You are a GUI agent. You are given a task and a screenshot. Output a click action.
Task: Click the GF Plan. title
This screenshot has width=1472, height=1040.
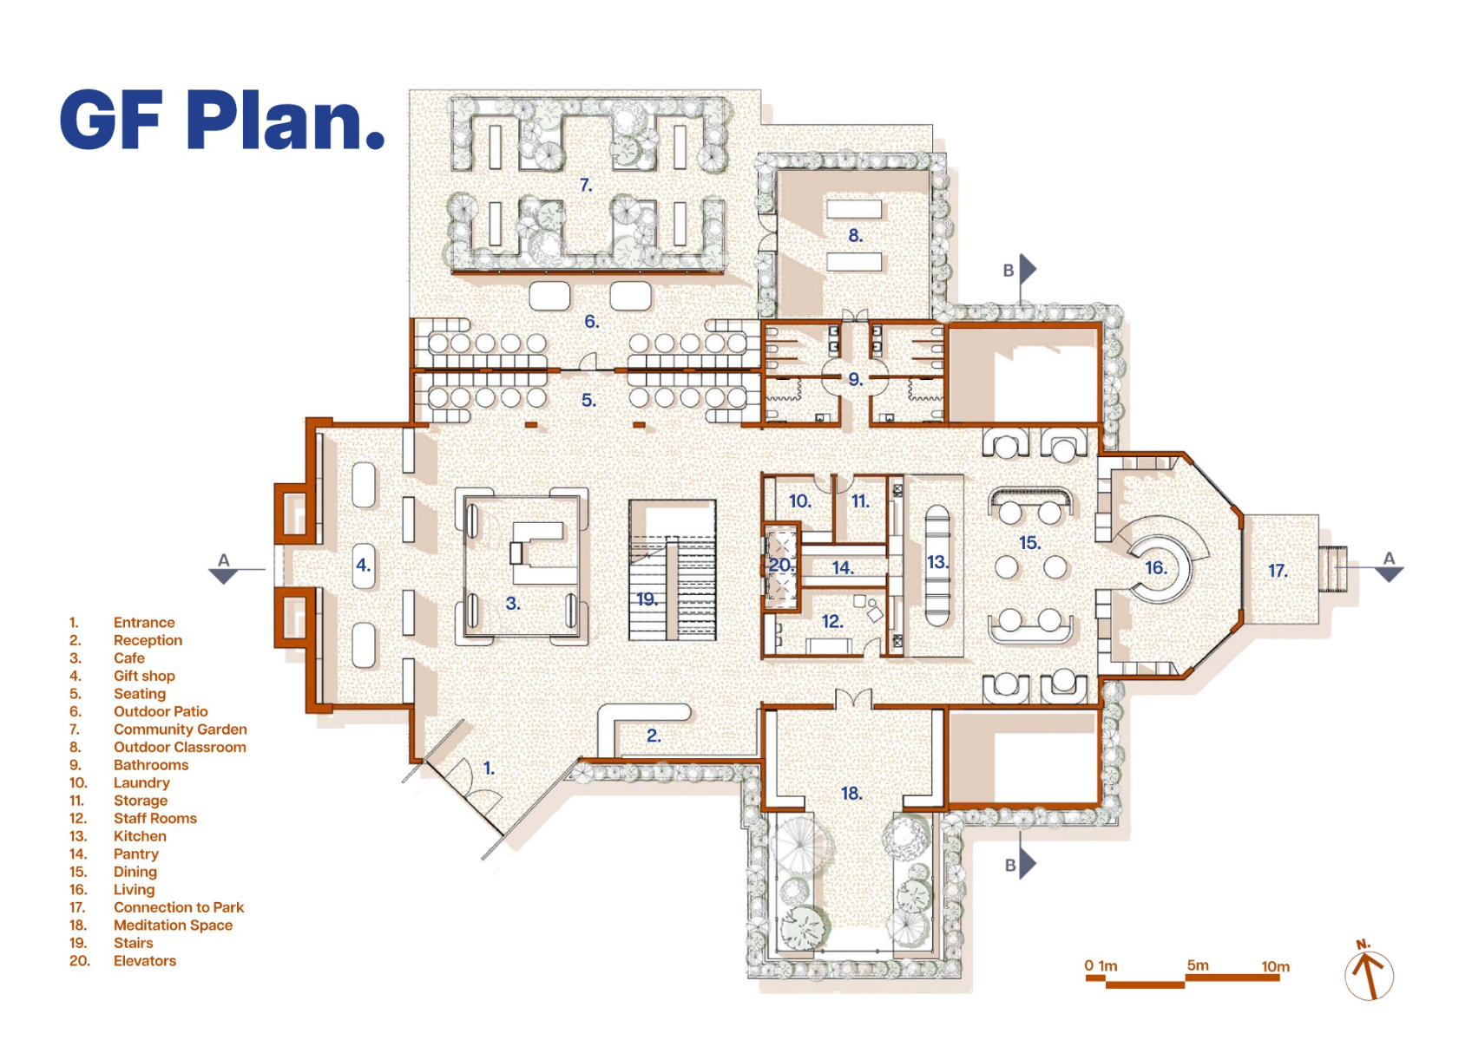222,121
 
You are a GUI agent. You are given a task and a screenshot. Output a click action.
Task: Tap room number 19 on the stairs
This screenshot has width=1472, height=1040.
647,598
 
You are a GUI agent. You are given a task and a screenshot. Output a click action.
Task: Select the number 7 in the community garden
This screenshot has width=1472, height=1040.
586,186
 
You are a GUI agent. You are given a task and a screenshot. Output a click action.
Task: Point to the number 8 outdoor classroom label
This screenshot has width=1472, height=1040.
855,235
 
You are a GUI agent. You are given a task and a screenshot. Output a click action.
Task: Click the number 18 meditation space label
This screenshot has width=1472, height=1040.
851,793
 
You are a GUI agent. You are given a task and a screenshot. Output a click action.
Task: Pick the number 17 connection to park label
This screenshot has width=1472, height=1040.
1278,571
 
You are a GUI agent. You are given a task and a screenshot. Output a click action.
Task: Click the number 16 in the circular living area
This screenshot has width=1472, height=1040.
1156,567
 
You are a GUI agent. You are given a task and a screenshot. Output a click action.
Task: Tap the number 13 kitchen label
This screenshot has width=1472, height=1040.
937,562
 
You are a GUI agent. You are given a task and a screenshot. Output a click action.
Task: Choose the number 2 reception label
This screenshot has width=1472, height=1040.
654,736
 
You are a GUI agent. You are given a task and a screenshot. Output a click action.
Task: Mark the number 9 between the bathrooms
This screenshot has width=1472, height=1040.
855,379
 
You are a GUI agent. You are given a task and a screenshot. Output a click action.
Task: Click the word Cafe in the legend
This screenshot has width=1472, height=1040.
128,657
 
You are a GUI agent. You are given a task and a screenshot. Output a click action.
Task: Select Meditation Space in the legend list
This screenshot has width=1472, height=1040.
173,926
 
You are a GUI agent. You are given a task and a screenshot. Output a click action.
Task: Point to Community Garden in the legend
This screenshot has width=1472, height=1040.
180,729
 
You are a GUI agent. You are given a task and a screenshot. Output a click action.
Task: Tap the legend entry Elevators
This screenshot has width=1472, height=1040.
145,960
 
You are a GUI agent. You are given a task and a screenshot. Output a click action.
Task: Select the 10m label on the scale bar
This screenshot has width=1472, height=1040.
1275,966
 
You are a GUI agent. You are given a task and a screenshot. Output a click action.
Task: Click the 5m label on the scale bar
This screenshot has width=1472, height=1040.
1198,965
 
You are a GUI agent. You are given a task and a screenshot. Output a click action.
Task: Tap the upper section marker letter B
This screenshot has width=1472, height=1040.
1008,271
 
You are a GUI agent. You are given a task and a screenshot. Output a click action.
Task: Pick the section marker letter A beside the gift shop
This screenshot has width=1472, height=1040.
223,560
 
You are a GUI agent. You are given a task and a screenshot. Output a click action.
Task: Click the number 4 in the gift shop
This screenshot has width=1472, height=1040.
364,565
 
